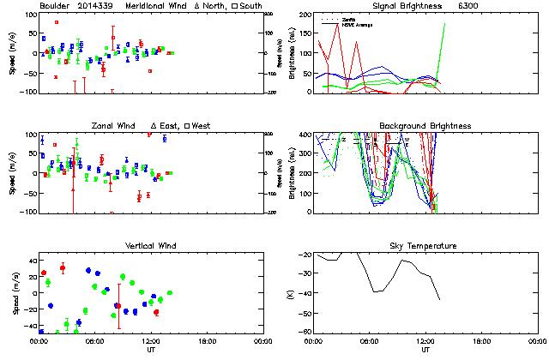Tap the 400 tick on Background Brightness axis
point(307,135)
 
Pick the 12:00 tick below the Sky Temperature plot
point(425,341)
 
